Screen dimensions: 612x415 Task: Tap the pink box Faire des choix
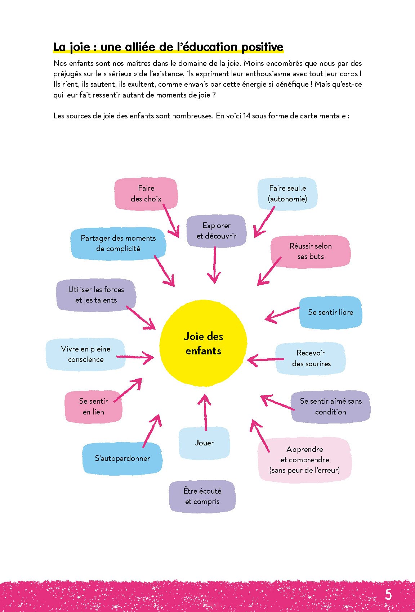[146, 194]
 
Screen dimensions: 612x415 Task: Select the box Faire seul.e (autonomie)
[287, 194]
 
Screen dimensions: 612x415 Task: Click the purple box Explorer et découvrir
[216, 231]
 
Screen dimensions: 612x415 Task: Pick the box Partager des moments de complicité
[118, 243]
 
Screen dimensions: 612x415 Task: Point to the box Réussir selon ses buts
[310, 251]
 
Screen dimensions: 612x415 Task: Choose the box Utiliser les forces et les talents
[96, 295]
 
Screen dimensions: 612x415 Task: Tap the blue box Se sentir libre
[330, 312]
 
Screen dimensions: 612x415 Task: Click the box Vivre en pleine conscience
[86, 354]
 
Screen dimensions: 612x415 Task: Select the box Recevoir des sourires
[311, 358]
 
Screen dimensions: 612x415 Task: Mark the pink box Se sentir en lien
[93, 406]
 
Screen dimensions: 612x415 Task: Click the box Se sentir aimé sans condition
[330, 406]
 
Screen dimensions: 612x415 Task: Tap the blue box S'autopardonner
[122, 458]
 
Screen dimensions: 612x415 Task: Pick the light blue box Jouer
[204, 443]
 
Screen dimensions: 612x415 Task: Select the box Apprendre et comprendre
[304, 459]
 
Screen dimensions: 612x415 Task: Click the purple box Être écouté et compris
[202, 496]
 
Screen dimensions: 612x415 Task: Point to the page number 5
[388, 594]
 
